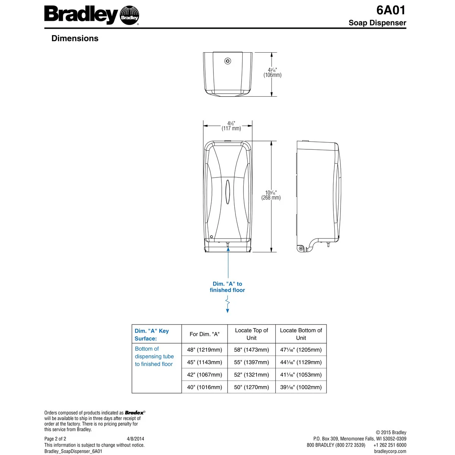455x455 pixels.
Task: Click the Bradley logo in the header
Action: point(91,16)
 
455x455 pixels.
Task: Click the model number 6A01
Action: point(391,10)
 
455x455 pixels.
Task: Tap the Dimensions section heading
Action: point(75,38)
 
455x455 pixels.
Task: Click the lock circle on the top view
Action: point(227,61)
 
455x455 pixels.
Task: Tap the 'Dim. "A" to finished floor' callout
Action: point(227,287)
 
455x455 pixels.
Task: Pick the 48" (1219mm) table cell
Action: point(204,350)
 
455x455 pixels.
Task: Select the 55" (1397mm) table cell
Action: point(251,362)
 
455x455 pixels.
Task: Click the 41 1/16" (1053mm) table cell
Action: point(301,375)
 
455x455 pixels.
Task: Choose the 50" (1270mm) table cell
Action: point(251,388)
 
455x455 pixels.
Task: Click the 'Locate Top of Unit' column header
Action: point(251,334)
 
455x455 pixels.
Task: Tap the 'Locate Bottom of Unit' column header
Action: point(301,334)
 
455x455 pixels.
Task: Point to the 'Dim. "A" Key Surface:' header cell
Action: point(152,335)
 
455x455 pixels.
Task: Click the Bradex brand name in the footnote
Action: point(135,413)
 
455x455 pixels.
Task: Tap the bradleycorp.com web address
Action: point(390,451)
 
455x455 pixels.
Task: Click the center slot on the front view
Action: point(227,189)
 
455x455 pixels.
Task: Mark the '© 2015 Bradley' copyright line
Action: point(391,433)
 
